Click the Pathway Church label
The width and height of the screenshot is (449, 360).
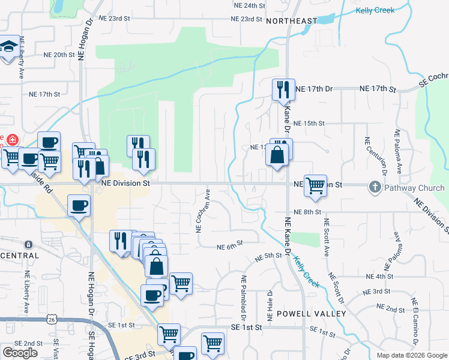(x=414, y=188)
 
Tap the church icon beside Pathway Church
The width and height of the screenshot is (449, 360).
(x=376, y=188)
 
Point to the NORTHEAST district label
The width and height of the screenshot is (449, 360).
(x=291, y=21)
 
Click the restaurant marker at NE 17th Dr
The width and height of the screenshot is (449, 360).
(x=283, y=90)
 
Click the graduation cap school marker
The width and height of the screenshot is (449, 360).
(x=8, y=49)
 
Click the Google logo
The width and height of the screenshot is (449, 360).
(x=20, y=353)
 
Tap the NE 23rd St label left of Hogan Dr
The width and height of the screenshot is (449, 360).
(x=115, y=19)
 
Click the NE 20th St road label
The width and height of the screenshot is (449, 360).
(x=59, y=55)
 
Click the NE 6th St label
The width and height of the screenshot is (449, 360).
(x=229, y=245)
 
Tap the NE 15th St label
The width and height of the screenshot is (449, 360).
(x=310, y=123)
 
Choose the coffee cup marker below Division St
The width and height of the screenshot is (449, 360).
(x=79, y=206)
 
